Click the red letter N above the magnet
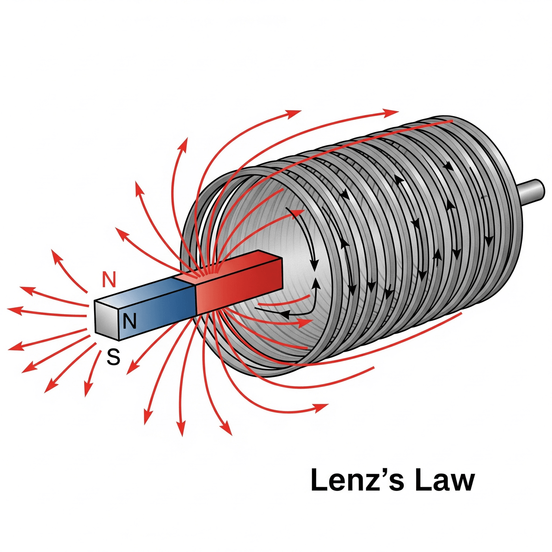(x=109, y=280)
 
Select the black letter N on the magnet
(x=129, y=321)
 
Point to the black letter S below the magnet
(x=113, y=358)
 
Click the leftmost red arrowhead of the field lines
(x=13, y=309)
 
